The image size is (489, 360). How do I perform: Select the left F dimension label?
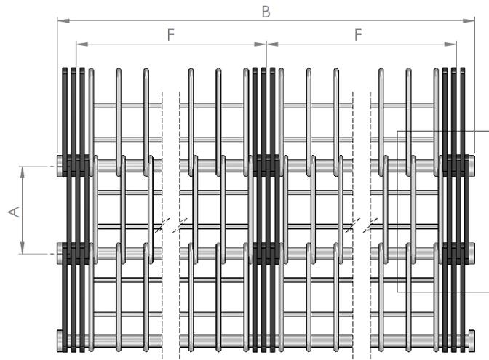[171, 34]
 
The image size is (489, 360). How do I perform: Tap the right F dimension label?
[358, 34]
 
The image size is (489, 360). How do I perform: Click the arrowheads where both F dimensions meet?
[266, 44]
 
